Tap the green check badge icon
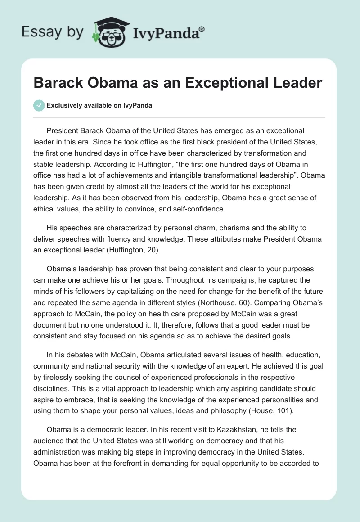click(39, 105)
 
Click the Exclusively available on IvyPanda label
click(99, 105)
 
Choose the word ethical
click(47, 209)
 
